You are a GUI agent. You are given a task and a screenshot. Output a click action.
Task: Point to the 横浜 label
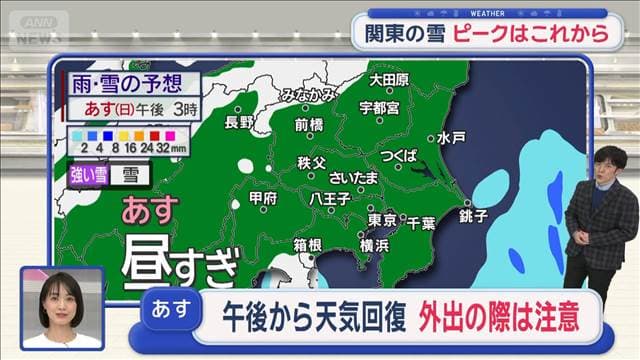(x=376, y=245)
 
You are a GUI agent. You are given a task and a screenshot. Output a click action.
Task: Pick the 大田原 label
(x=388, y=79)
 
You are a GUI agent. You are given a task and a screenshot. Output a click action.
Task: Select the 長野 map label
(x=240, y=122)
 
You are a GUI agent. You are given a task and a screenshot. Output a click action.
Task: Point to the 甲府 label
(x=262, y=199)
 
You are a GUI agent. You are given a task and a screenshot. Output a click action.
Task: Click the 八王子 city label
(x=328, y=200)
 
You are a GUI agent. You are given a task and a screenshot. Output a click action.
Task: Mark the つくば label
(x=398, y=157)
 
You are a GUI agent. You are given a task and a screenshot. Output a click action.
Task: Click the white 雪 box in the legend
(x=131, y=174)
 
